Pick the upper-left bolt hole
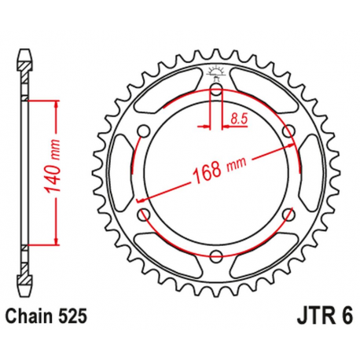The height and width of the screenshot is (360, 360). click(145, 130)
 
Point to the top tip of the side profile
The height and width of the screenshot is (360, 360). click(24, 54)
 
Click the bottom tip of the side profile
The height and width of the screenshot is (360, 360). click(24, 284)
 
